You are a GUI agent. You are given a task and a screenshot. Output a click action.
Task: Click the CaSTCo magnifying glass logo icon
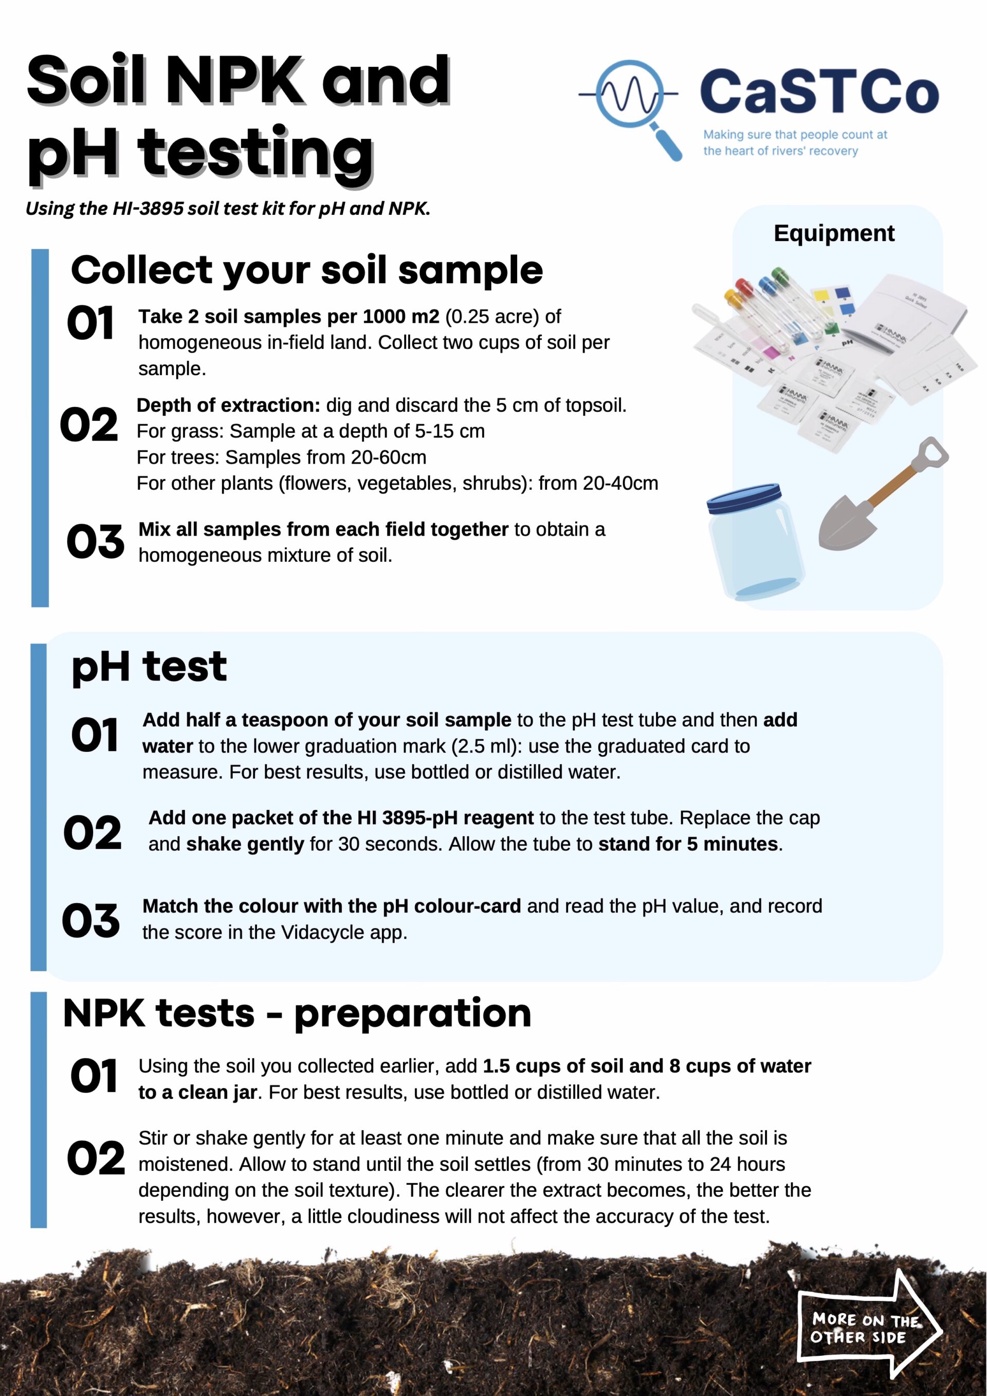pyautogui.click(x=629, y=97)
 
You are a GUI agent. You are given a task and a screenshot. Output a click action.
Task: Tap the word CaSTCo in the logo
pyautogui.click(x=818, y=93)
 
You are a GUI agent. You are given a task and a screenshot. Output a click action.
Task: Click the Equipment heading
pyautogui.click(x=834, y=233)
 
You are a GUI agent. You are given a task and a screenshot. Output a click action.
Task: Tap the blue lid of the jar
pyautogui.click(x=743, y=499)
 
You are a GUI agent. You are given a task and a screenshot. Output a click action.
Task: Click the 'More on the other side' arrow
pyautogui.click(x=866, y=1328)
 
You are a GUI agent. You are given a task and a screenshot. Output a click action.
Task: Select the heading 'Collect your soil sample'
pyautogui.click(x=306, y=270)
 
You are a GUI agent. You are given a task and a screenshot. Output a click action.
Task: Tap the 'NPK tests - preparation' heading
pyautogui.click(x=297, y=1014)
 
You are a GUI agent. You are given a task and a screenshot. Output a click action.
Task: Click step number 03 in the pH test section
pyautogui.click(x=90, y=920)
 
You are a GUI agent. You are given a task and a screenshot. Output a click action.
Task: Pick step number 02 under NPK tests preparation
pyautogui.click(x=96, y=1158)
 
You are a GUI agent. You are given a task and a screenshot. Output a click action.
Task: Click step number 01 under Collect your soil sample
pyautogui.click(x=90, y=323)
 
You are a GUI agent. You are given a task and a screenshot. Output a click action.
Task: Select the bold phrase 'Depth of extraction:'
pyautogui.click(x=228, y=405)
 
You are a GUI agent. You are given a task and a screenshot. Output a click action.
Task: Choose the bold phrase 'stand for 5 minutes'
pyautogui.click(x=688, y=844)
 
